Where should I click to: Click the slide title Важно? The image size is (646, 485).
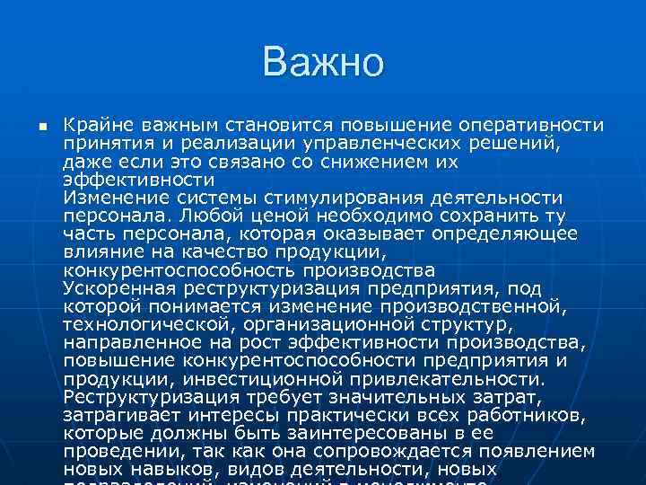click(x=323, y=63)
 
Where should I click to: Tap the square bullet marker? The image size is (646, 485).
click(x=41, y=126)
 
